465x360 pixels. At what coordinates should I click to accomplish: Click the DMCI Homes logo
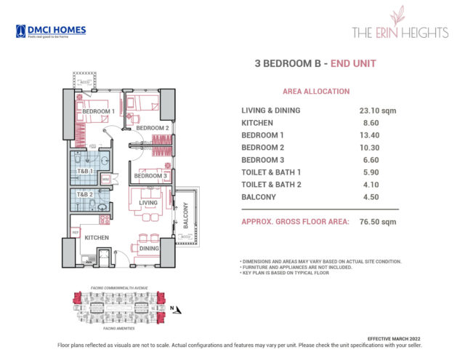pyautogui.click(x=50, y=31)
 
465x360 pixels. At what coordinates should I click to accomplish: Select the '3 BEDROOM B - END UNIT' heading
pyautogui.click(x=316, y=63)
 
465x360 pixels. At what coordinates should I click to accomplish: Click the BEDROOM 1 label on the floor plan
pyautogui.click(x=98, y=111)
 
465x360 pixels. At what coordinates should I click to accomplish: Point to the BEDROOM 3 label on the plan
pyautogui.click(x=151, y=176)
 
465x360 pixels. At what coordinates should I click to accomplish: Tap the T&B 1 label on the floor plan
pyautogui.click(x=86, y=171)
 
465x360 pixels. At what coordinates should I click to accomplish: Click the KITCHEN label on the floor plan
pyautogui.click(x=97, y=238)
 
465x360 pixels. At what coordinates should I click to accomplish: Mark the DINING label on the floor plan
pyautogui.click(x=149, y=248)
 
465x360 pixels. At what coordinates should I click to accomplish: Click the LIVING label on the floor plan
pyautogui.click(x=149, y=203)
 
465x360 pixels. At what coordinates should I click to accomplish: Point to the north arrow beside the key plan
pyautogui.click(x=171, y=308)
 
